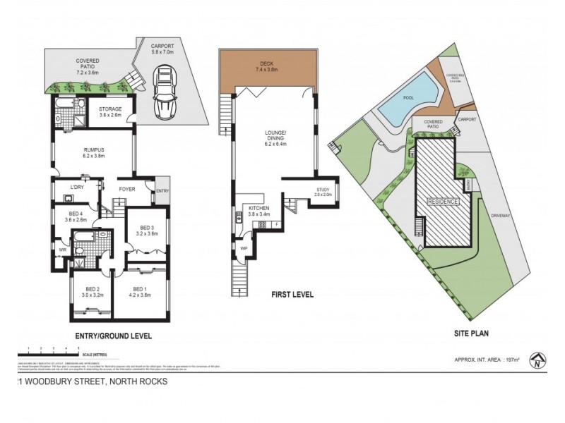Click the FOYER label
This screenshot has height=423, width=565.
[x=127, y=188]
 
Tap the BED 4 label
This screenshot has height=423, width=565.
[x=77, y=216]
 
